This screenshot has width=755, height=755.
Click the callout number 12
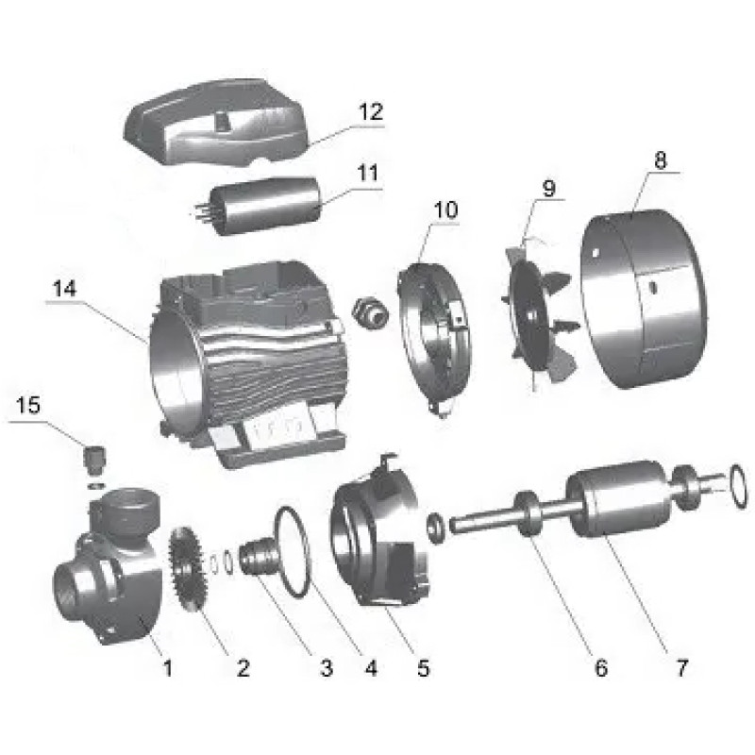[370, 112]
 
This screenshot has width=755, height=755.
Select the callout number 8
[660, 160]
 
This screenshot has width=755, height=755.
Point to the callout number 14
[63, 291]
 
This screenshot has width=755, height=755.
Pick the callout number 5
[422, 668]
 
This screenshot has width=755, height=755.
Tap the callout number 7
[680, 668]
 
